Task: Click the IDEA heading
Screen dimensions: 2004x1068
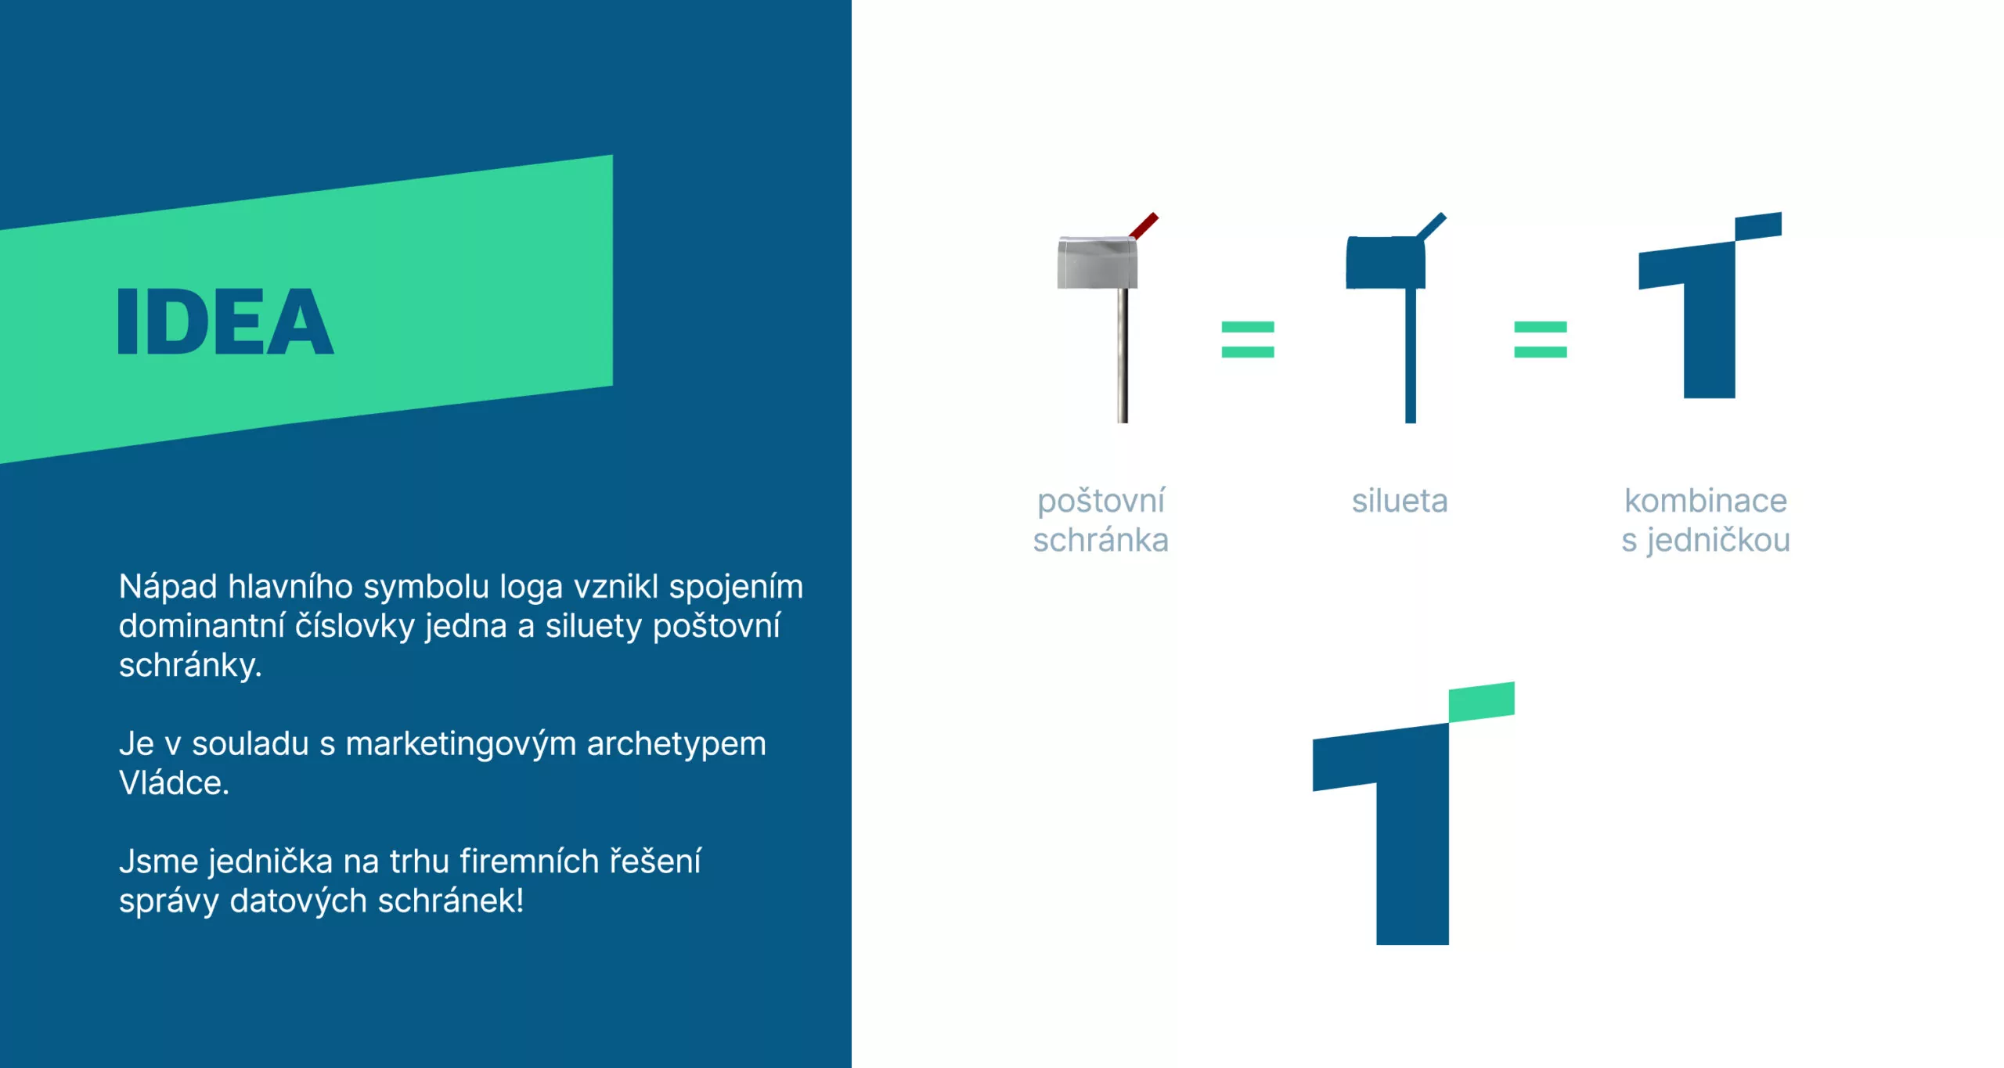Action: coord(225,321)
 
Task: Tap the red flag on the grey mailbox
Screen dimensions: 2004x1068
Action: coord(1144,225)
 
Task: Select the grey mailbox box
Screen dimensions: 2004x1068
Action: coord(1097,263)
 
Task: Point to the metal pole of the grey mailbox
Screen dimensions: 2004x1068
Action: coord(1123,356)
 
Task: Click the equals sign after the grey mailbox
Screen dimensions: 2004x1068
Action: coord(1248,340)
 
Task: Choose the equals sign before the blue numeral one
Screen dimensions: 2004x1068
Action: coord(1541,340)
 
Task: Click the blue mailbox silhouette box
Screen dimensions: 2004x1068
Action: coord(1386,263)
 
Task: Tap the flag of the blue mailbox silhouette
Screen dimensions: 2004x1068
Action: coord(1432,225)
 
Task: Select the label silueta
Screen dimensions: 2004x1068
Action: coord(1400,501)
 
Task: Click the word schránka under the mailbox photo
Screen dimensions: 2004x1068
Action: coord(1101,540)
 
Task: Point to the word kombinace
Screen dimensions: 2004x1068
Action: coord(1706,501)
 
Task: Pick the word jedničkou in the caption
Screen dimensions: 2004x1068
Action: coord(1717,541)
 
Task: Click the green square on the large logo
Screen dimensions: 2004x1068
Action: coord(1481,702)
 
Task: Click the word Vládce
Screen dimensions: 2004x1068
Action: coord(174,782)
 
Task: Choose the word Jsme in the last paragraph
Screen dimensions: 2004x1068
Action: coord(158,861)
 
